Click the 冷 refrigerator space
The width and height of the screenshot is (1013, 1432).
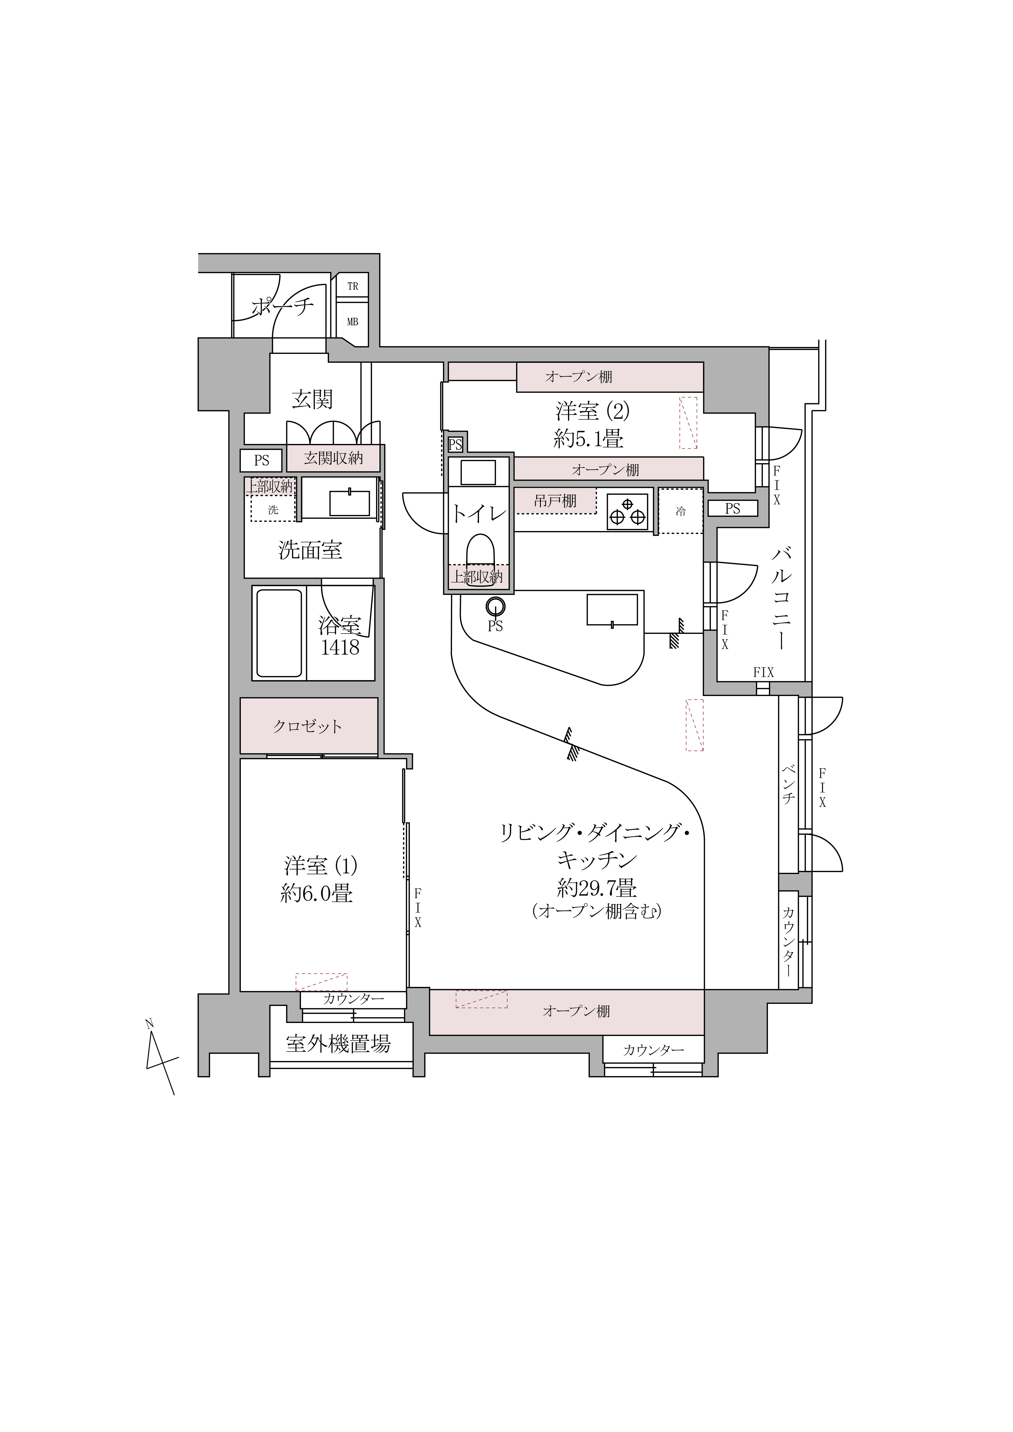(681, 511)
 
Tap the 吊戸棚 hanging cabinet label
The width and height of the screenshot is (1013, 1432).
(555, 500)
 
